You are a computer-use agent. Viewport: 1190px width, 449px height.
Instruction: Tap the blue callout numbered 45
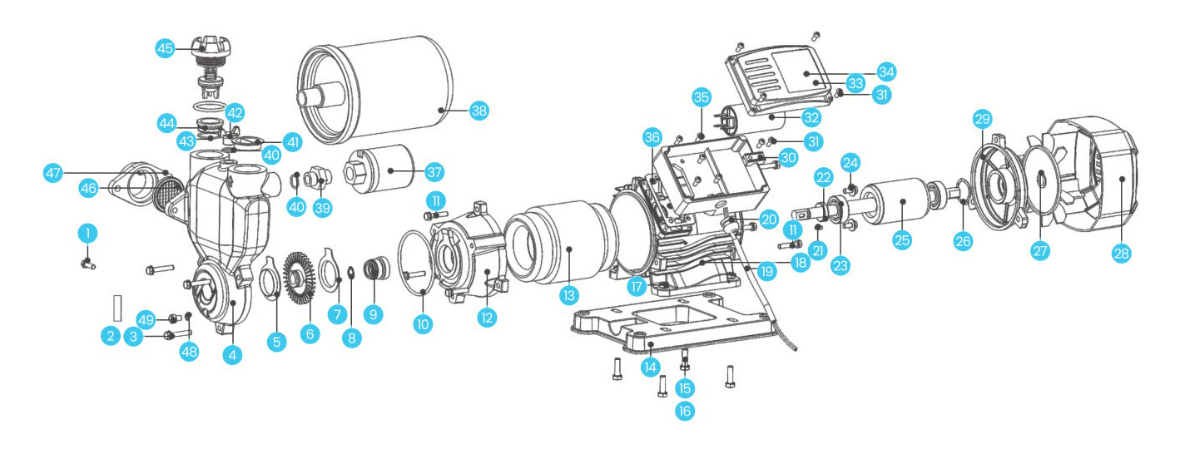pyautogui.click(x=166, y=48)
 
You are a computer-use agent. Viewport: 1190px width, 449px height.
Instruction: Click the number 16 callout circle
pyautogui.click(x=684, y=410)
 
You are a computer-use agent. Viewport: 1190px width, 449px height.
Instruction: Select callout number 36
pyautogui.click(x=652, y=136)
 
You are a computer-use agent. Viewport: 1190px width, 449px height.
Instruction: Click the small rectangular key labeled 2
pyautogui.click(x=118, y=306)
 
